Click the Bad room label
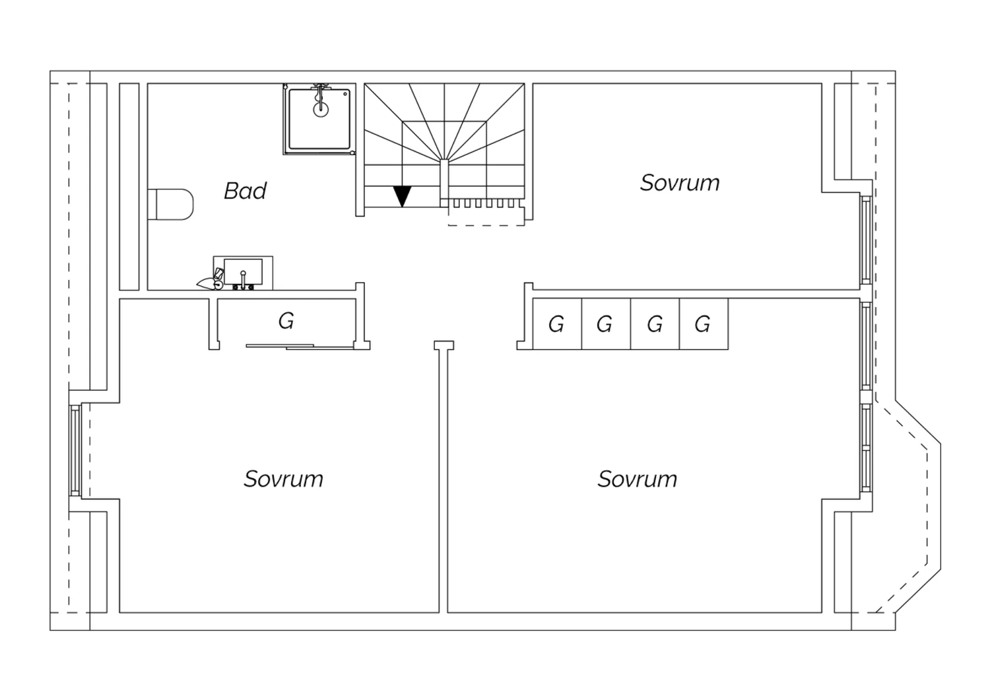246,191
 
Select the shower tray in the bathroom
319,119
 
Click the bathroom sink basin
243,271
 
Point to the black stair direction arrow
402,196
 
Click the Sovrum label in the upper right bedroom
680,183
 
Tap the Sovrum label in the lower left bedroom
284,479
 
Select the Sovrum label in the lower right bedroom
638,479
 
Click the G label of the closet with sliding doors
286,321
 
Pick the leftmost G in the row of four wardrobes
556,324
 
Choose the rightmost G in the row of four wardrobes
702,324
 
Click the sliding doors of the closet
300,347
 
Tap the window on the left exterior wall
75,450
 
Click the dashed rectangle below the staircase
486,217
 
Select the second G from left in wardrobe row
605,324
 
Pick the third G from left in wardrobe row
655,324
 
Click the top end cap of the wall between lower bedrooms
444,345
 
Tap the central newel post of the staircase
444,182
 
